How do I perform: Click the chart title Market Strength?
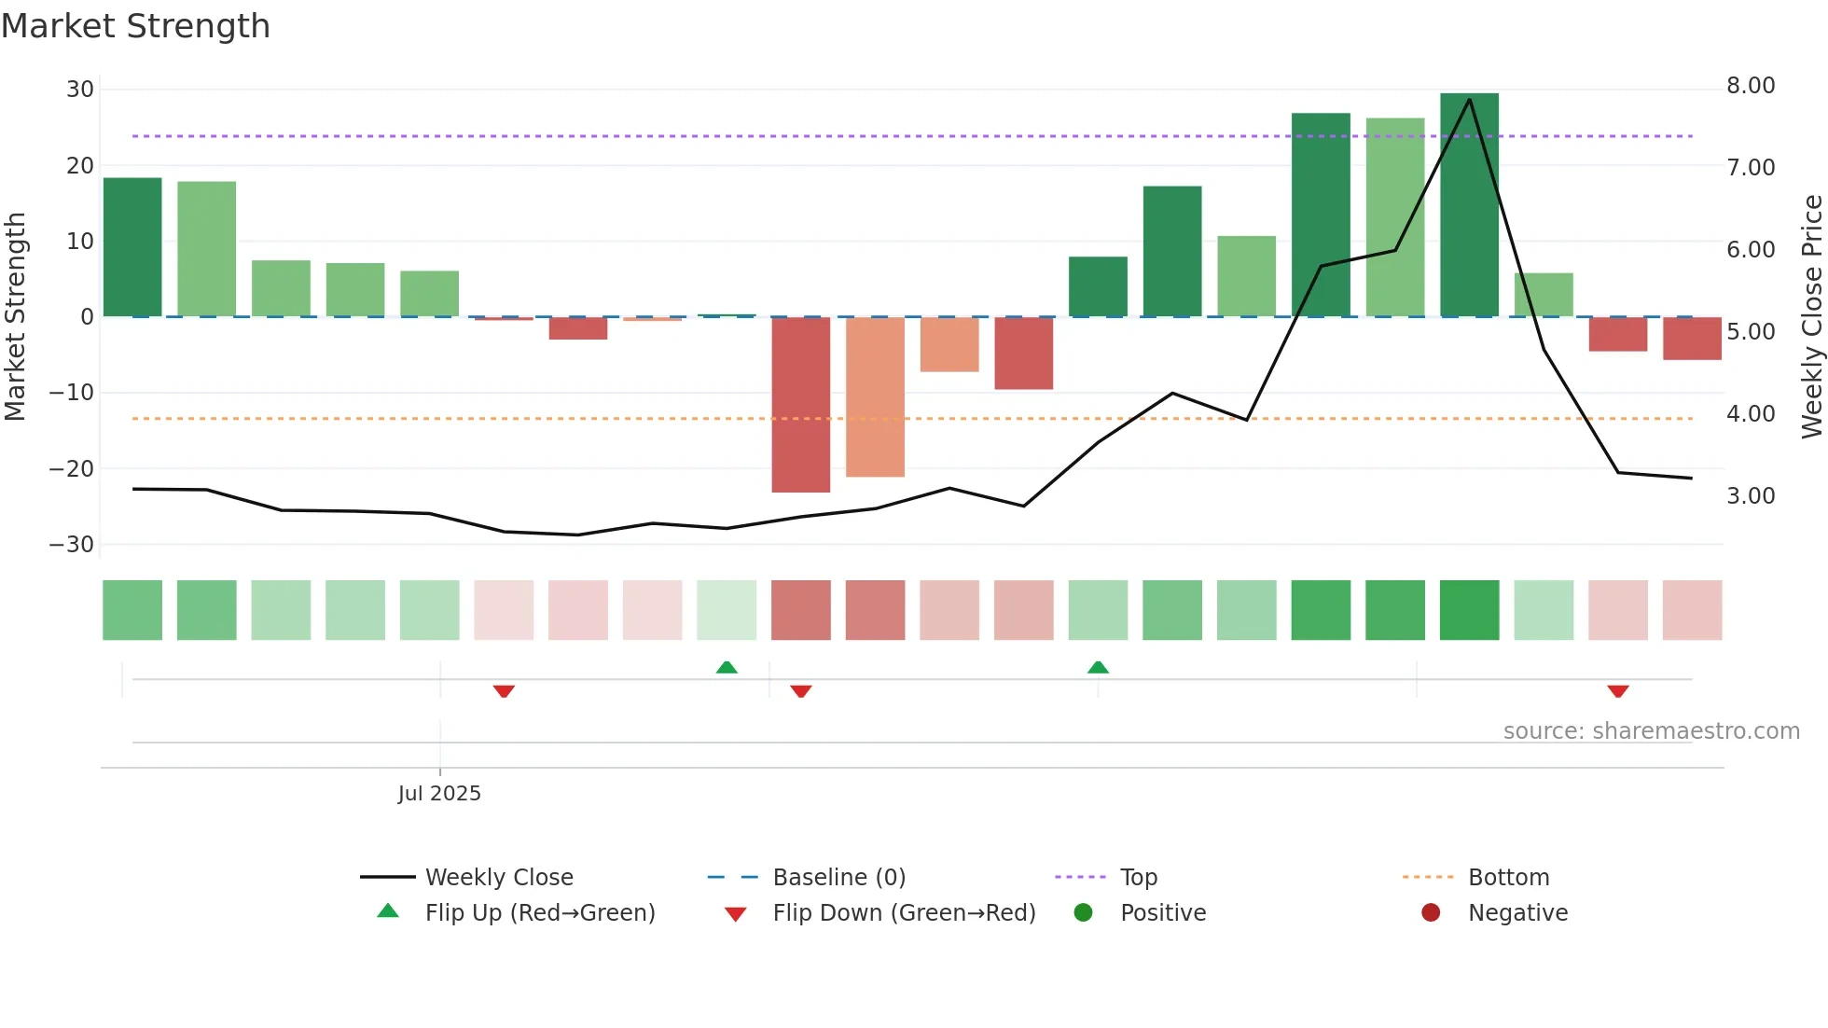pos(136,26)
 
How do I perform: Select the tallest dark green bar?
pos(1469,205)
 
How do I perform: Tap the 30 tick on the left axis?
pos(80,90)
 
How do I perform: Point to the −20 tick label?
pos(72,469)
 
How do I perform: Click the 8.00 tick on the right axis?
pos(1750,86)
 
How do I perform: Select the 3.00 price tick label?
pos(1750,496)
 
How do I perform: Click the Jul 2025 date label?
pos(439,794)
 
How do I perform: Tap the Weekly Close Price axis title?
pos(1811,317)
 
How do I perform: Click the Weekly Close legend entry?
pos(498,878)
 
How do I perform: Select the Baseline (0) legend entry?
pos(838,878)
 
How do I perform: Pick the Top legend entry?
pos(1138,878)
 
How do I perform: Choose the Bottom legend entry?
pos(1508,878)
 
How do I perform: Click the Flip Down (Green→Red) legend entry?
pos(903,913)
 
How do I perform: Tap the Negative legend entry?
pos(1517,913)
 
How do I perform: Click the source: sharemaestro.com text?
pos(1651,731)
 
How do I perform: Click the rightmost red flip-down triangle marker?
pos(1617,691)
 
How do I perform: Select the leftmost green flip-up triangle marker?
pos(727,667)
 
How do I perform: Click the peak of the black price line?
pos(1469,99)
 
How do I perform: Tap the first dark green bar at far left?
pos(132,247)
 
